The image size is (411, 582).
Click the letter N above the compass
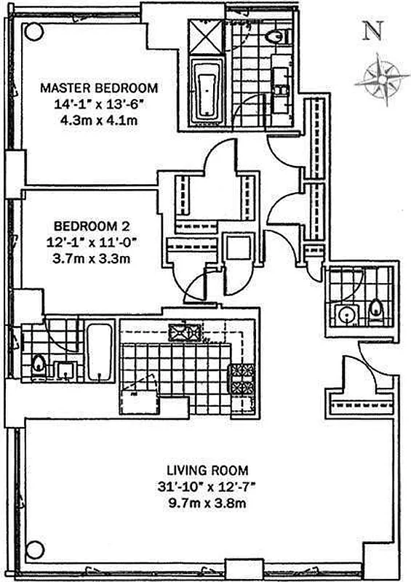(x=373, y=31)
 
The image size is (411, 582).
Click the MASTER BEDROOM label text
(x=99, y=88)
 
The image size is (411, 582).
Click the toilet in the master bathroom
(x=276, y=36)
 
